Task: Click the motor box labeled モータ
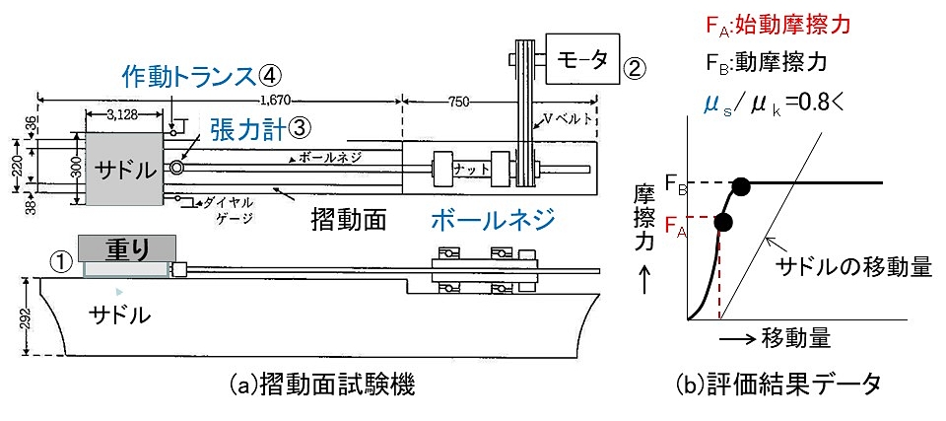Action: point(583,58)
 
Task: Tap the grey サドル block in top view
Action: point(124,169)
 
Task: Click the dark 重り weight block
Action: point(127,248)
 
